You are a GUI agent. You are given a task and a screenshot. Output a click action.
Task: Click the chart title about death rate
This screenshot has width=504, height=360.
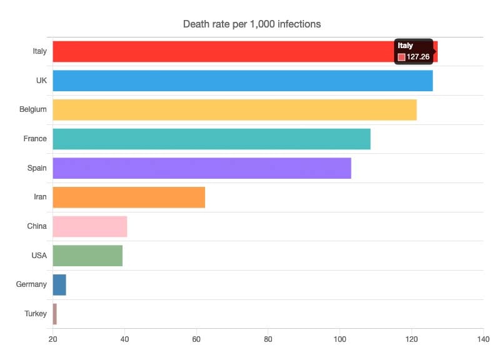coord(252,24)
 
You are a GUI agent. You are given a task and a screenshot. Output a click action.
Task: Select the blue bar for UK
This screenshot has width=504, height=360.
coord(243,81)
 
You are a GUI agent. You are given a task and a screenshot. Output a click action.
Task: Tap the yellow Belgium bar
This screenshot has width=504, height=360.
coord(234,110)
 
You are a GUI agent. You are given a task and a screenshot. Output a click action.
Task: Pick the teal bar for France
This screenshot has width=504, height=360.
coord(211,139)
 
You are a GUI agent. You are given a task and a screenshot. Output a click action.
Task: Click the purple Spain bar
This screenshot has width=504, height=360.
coord(202,168)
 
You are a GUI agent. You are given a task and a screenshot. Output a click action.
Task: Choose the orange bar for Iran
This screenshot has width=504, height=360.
coord(129,197)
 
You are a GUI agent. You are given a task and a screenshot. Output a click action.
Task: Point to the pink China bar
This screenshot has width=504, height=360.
coord(90,226)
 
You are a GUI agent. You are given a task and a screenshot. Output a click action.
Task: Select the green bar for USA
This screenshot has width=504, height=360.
coord(88,256)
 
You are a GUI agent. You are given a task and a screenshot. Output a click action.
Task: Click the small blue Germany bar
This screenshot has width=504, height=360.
coord(59,284)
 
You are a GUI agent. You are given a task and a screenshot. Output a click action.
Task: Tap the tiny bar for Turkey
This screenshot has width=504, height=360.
coord(55,314)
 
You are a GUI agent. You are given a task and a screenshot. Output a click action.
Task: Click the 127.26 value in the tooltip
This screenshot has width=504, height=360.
coord(418,57)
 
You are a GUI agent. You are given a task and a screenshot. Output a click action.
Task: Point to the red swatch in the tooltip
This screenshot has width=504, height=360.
coord(401,57)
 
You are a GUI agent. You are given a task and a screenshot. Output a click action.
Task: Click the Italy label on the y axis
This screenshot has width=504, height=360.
coord(39,51)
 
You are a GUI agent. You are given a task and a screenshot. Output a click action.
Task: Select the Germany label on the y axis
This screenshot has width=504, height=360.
coord(31,284)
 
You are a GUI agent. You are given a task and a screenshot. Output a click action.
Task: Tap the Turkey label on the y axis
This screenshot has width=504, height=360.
coord(36,314)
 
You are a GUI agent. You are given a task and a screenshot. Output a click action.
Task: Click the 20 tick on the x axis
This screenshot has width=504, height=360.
coord(53,339)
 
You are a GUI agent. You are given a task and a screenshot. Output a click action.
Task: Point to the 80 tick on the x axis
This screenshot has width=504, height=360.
coord(268,339)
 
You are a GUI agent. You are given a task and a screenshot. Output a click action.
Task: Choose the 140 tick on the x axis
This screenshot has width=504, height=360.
coord(483,339)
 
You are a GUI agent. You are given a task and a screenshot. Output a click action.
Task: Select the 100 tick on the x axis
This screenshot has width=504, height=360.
coord(340,339)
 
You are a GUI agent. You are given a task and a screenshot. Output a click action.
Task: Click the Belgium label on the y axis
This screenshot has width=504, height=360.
coord(33,109)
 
